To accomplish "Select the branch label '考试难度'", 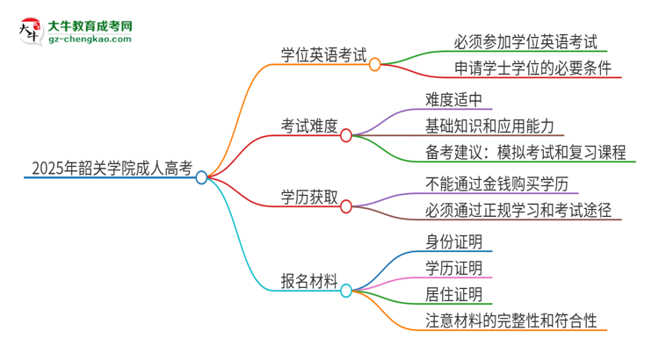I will point(310,126).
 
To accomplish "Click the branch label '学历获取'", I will point(310,198).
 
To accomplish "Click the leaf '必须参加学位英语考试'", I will point(513,41).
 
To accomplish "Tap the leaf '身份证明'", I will point(453,240).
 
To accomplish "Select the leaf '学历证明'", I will point(453,267).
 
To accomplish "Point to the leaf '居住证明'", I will point(453,294).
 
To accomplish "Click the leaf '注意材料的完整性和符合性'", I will point(511,321).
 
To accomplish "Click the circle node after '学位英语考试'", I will point(374,64).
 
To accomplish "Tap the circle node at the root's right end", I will point(201,177).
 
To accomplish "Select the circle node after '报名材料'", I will point(345,291).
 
